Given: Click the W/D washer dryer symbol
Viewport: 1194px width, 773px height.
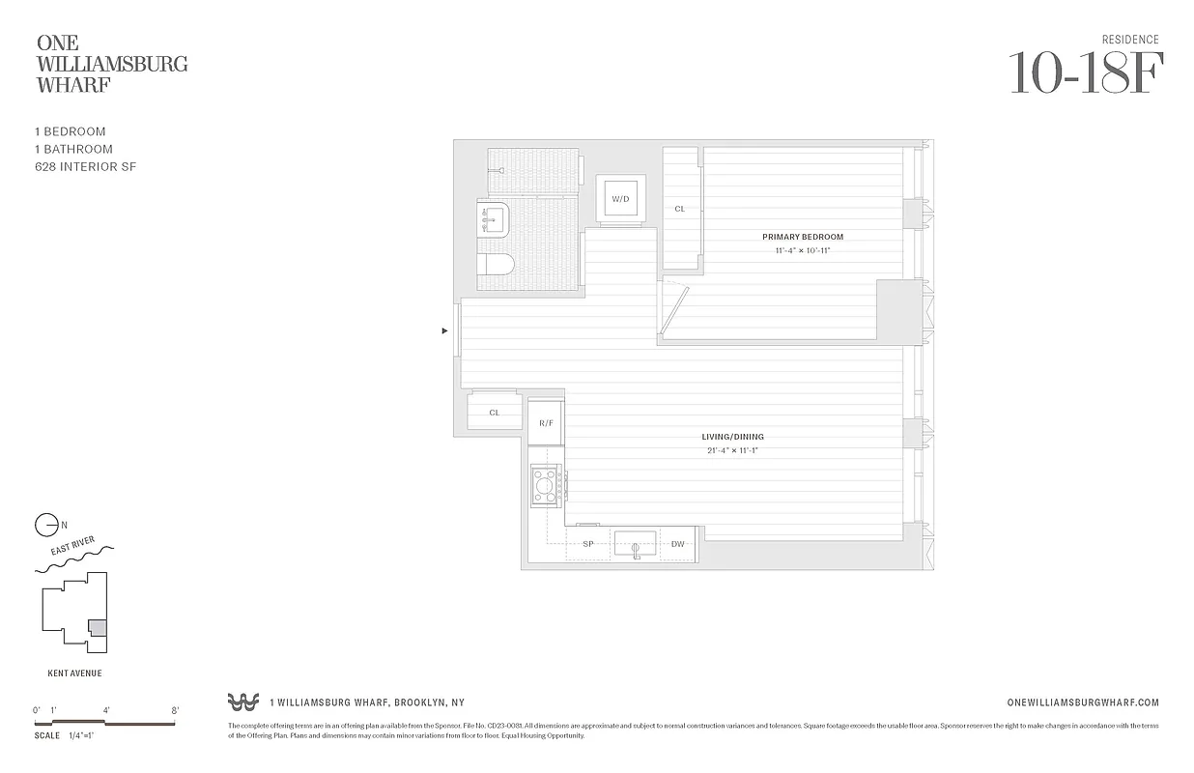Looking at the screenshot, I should tap(619, 199).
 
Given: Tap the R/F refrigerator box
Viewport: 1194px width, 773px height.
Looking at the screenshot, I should tap(546, 422).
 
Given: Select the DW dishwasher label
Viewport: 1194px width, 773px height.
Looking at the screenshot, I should tap(678, 544).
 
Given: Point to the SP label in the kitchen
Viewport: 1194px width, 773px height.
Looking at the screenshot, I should tap(587, 544).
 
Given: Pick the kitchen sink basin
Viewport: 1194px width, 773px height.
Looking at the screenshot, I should tap(636, 542).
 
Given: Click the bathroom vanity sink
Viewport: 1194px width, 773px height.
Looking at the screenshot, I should tap(495, 220).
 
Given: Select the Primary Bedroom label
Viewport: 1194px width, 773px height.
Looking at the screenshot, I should tap(802, 237).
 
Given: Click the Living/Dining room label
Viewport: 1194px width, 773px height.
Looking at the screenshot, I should tap(732, 437).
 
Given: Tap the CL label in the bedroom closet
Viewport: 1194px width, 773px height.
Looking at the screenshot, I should tap(680, 209).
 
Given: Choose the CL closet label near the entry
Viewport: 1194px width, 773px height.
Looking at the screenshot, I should tap(495, 413).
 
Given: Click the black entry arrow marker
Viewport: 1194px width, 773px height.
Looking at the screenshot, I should tap(444, 330).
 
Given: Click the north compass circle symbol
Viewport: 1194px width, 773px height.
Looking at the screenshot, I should tap(44, 526).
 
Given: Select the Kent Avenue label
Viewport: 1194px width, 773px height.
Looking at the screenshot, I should tap(74, 673).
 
